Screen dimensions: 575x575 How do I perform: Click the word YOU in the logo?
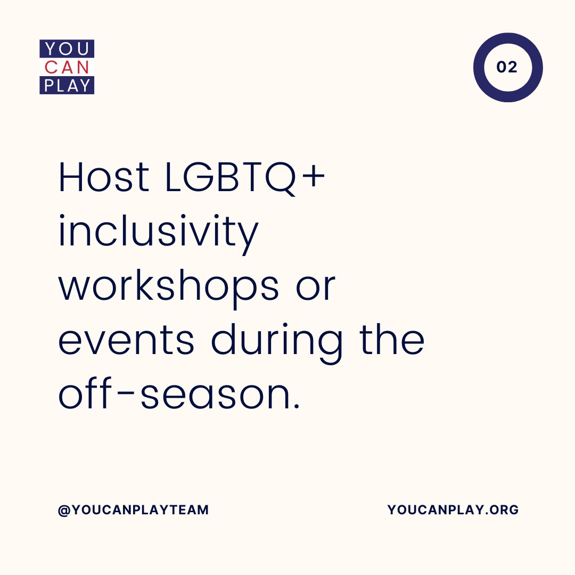click(x=67, y=49)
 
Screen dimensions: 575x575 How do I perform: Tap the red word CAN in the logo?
click(x=67, y=67)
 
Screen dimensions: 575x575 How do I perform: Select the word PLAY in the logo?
click(x=67, y=85)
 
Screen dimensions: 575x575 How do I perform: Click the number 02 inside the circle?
click(x=507, y=67)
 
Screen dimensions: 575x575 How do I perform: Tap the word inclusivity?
click(x=158, y=233)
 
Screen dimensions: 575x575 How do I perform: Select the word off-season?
click(x=178, y=395)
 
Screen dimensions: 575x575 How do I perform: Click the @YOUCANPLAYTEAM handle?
click(x=133, y=510)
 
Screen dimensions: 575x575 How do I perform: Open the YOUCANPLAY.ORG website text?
click(x=453, y=510)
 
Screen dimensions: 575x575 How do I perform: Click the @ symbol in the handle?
click(x=63, y=510)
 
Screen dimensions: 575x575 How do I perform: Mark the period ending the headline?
click(x=296, y=407)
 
